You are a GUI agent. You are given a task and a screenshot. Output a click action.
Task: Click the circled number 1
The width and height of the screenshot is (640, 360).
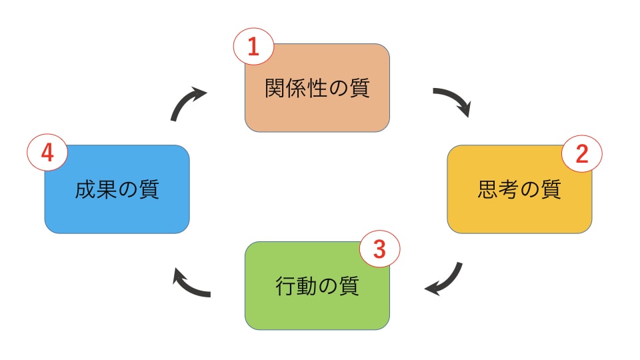253,47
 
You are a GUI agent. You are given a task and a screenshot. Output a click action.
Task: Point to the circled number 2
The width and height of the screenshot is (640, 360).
581,154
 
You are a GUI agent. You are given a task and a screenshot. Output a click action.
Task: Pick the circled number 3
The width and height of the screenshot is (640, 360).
379,249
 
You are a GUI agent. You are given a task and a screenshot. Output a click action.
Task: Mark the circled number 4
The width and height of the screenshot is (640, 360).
47,153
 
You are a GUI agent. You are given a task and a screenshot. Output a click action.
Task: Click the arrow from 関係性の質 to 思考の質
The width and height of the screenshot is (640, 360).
453,101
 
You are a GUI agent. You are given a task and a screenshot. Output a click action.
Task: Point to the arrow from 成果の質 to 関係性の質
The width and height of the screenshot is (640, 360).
187,103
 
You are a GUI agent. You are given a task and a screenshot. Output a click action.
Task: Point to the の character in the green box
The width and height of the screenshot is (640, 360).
328,286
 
